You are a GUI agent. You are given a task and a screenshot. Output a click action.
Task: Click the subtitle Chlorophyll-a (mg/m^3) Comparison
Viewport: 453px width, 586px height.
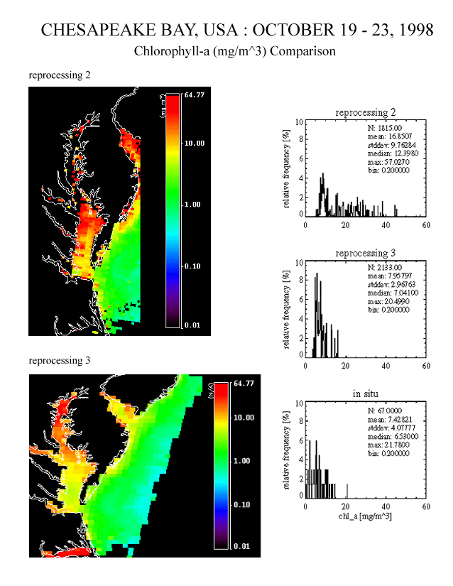click(234, 51)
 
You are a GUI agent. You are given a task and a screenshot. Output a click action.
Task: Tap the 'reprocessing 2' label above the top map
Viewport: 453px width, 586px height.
click(59, 74)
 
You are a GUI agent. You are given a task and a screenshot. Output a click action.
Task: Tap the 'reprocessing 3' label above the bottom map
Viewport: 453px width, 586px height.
click(59, 360)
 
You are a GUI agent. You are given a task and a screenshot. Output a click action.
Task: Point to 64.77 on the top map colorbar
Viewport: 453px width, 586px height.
click(194, 94)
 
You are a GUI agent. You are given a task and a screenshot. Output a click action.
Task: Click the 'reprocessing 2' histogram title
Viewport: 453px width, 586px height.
click(365, 112)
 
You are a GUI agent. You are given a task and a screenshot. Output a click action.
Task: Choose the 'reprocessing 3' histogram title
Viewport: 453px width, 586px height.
click(365, 253)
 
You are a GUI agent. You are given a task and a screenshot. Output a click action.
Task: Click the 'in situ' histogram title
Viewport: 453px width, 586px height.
click(365, 394)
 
